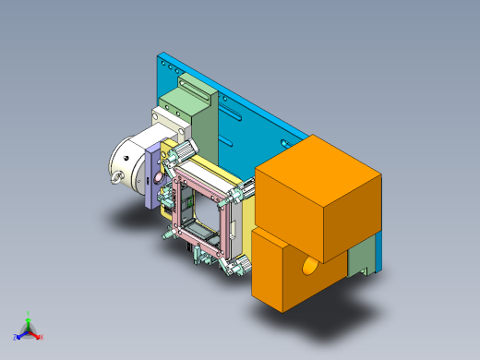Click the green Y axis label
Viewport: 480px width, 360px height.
tap(29, 314)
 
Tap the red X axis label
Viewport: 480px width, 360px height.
tap(42, 337)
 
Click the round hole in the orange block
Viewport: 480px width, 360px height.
tap(309, 269)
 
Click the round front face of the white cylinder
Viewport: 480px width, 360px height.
tap(125, 162)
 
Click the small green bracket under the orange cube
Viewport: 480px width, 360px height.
tap(361, 258)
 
